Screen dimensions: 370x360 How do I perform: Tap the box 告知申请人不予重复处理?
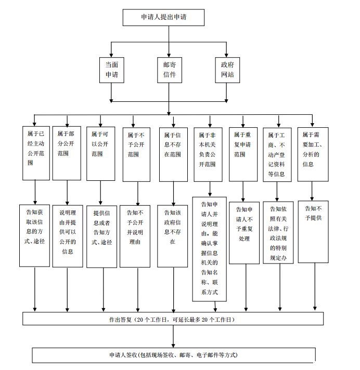point(244,231)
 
